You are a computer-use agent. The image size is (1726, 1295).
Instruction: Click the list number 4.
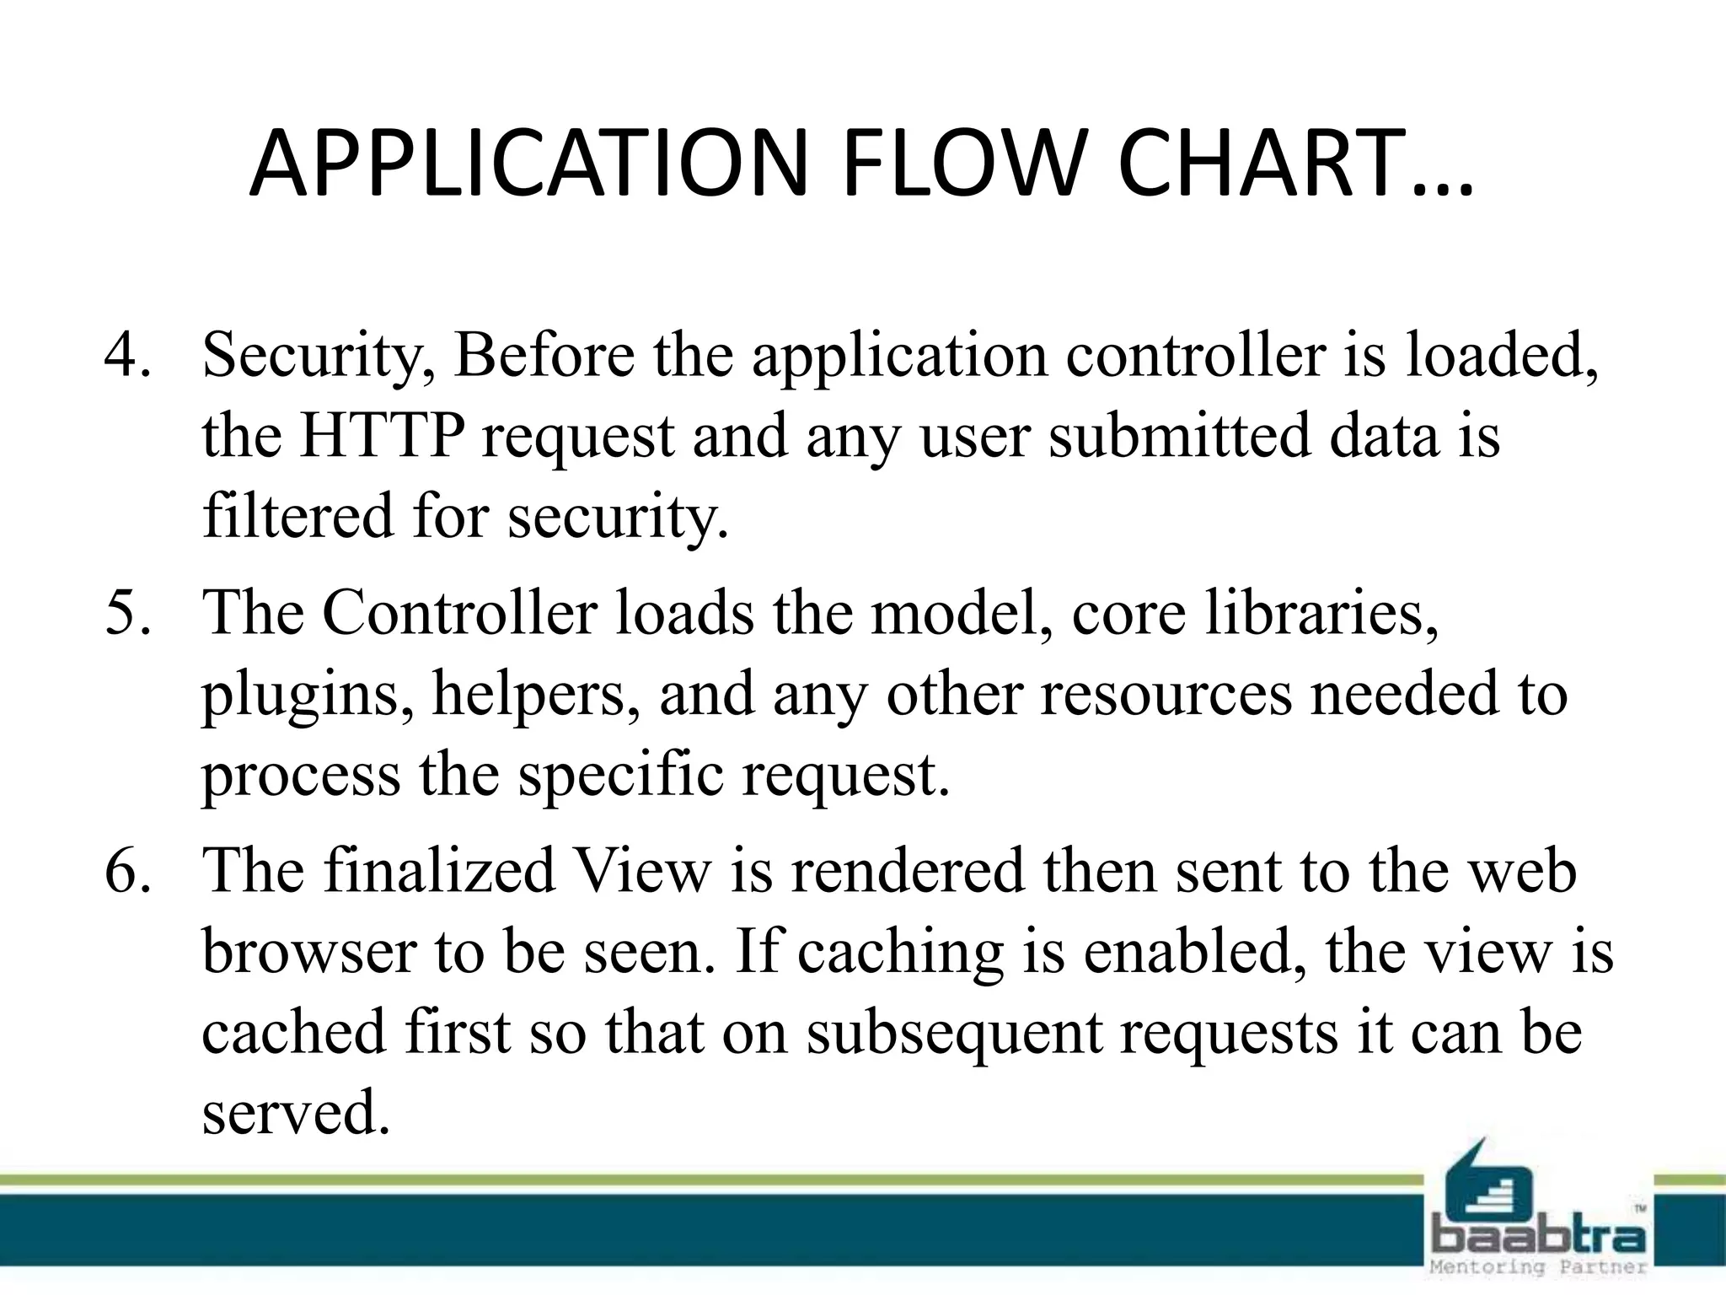(x=126, y=355)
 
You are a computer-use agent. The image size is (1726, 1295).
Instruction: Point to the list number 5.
(x=126, y=613)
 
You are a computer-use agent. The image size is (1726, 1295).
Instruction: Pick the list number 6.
(x=126, y=871)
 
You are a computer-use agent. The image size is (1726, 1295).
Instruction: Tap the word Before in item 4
(x=544, y=355)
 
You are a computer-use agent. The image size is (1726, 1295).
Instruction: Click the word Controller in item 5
(x=459, y=613)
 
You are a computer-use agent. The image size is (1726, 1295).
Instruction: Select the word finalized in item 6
(x=439, y=871)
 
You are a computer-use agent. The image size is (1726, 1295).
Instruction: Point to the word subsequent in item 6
(x=953, y=1034)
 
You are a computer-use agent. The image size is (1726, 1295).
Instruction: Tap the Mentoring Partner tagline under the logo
(x=1539, y=1267)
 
